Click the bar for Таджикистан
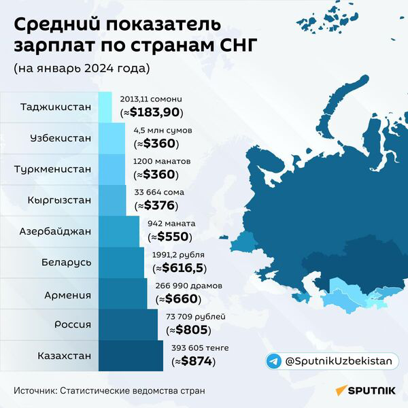tap(105, 107)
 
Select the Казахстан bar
tap(131, 356)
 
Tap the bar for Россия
tap(128, 324)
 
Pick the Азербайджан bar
tap(119, 231)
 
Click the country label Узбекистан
tap(61, 138)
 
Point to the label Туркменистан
tap(53, 169)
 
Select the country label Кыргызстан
tap(60, 200)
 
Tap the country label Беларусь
tap(67, 262)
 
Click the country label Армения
tap(67, 295)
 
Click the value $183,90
tap(155, 112)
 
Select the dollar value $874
tap(197, 361)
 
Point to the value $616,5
tap(182, 268)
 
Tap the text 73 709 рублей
tap(196, 317)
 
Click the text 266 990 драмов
tap(189, 286)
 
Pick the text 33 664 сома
tap(159, 192)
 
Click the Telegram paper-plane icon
tap(273, 361)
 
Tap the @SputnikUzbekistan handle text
tap(339, 361)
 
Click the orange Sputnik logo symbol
tap(341, 390)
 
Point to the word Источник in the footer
tap(35, 391)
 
